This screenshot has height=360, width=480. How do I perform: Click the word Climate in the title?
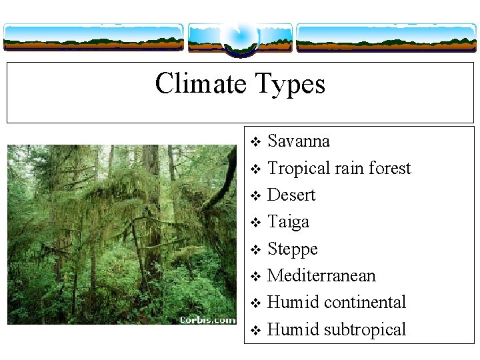click(201, 84)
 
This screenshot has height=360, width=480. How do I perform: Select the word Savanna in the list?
click(298, 141)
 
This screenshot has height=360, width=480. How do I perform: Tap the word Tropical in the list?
click(299, 169)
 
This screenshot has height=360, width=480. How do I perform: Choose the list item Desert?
click(291, 195)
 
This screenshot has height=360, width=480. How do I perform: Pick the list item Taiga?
click(288, 223)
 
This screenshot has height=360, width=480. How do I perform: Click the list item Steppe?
click(292, 250)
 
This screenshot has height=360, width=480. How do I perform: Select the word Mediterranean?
click(321, 276)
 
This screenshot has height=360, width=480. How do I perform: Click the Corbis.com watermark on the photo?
click(207, 320)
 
